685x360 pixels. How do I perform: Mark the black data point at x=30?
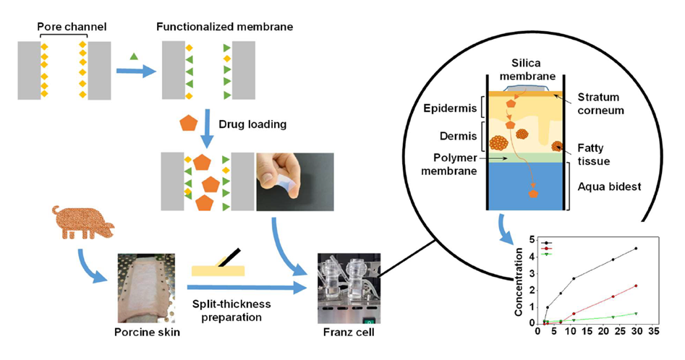(636, 249)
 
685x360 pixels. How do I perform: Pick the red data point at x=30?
(636, 286)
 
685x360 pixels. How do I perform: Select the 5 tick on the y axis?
(532, 240)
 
